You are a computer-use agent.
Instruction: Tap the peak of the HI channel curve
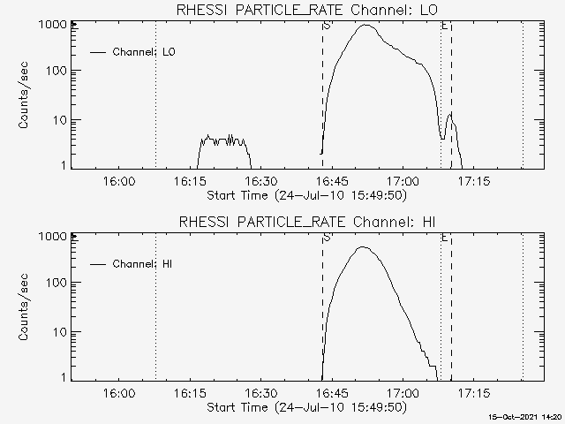point(363,247)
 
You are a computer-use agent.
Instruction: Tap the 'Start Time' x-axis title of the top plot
point(305,195)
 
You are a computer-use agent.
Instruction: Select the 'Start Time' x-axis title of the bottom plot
point(305,407)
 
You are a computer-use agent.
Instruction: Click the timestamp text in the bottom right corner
point(527,416)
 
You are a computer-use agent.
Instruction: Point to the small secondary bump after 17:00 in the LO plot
point(450,115)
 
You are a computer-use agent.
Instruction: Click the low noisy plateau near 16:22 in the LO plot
point(223,140)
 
